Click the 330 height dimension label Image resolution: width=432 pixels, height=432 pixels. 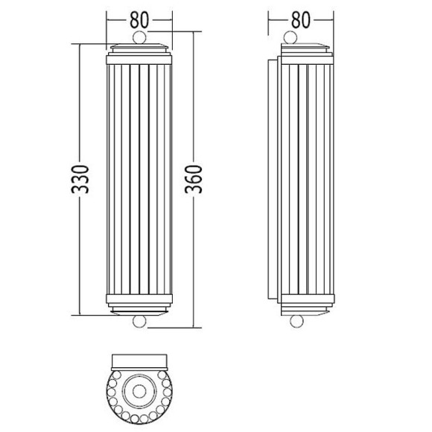coord(80,179)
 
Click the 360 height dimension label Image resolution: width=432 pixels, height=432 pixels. coord(194,179)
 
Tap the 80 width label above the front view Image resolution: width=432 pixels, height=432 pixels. coord(139,20)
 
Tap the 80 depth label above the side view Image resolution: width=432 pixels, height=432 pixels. coord(301,20)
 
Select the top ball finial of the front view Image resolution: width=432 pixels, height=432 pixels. coord(139,38)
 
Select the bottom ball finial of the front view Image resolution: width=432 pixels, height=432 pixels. coord(139,322)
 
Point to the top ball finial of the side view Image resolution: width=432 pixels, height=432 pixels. coord(290,38)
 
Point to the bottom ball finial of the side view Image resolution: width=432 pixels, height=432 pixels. coord(296,321)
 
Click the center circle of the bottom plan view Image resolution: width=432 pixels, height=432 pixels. coord(139,391)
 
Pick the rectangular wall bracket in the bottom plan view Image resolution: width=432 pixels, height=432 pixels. coord(139,362)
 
